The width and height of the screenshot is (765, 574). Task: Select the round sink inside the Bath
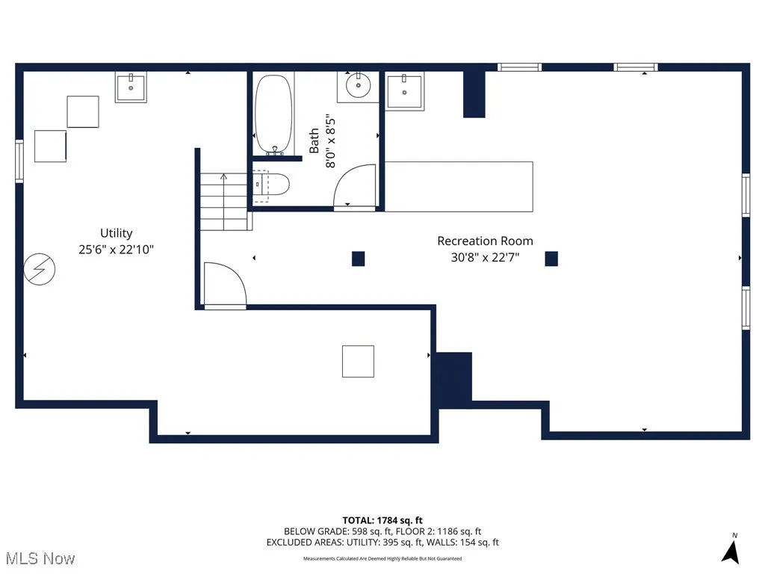358,86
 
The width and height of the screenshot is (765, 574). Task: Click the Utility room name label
117,233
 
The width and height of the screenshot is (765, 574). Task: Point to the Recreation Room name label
485,241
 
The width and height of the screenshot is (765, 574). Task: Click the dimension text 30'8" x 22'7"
485,257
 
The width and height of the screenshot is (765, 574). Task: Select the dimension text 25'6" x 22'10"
117,250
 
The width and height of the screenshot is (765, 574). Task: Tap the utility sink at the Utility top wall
131,87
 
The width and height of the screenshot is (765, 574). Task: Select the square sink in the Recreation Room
405,91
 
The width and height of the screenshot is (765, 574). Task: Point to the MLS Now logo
40,558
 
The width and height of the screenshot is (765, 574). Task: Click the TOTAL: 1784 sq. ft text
382,520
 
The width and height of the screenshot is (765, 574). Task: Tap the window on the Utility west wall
19,161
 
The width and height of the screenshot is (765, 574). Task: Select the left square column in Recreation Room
359,259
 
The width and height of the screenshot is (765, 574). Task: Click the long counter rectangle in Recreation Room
459,187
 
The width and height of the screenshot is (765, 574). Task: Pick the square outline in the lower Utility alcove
358,361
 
